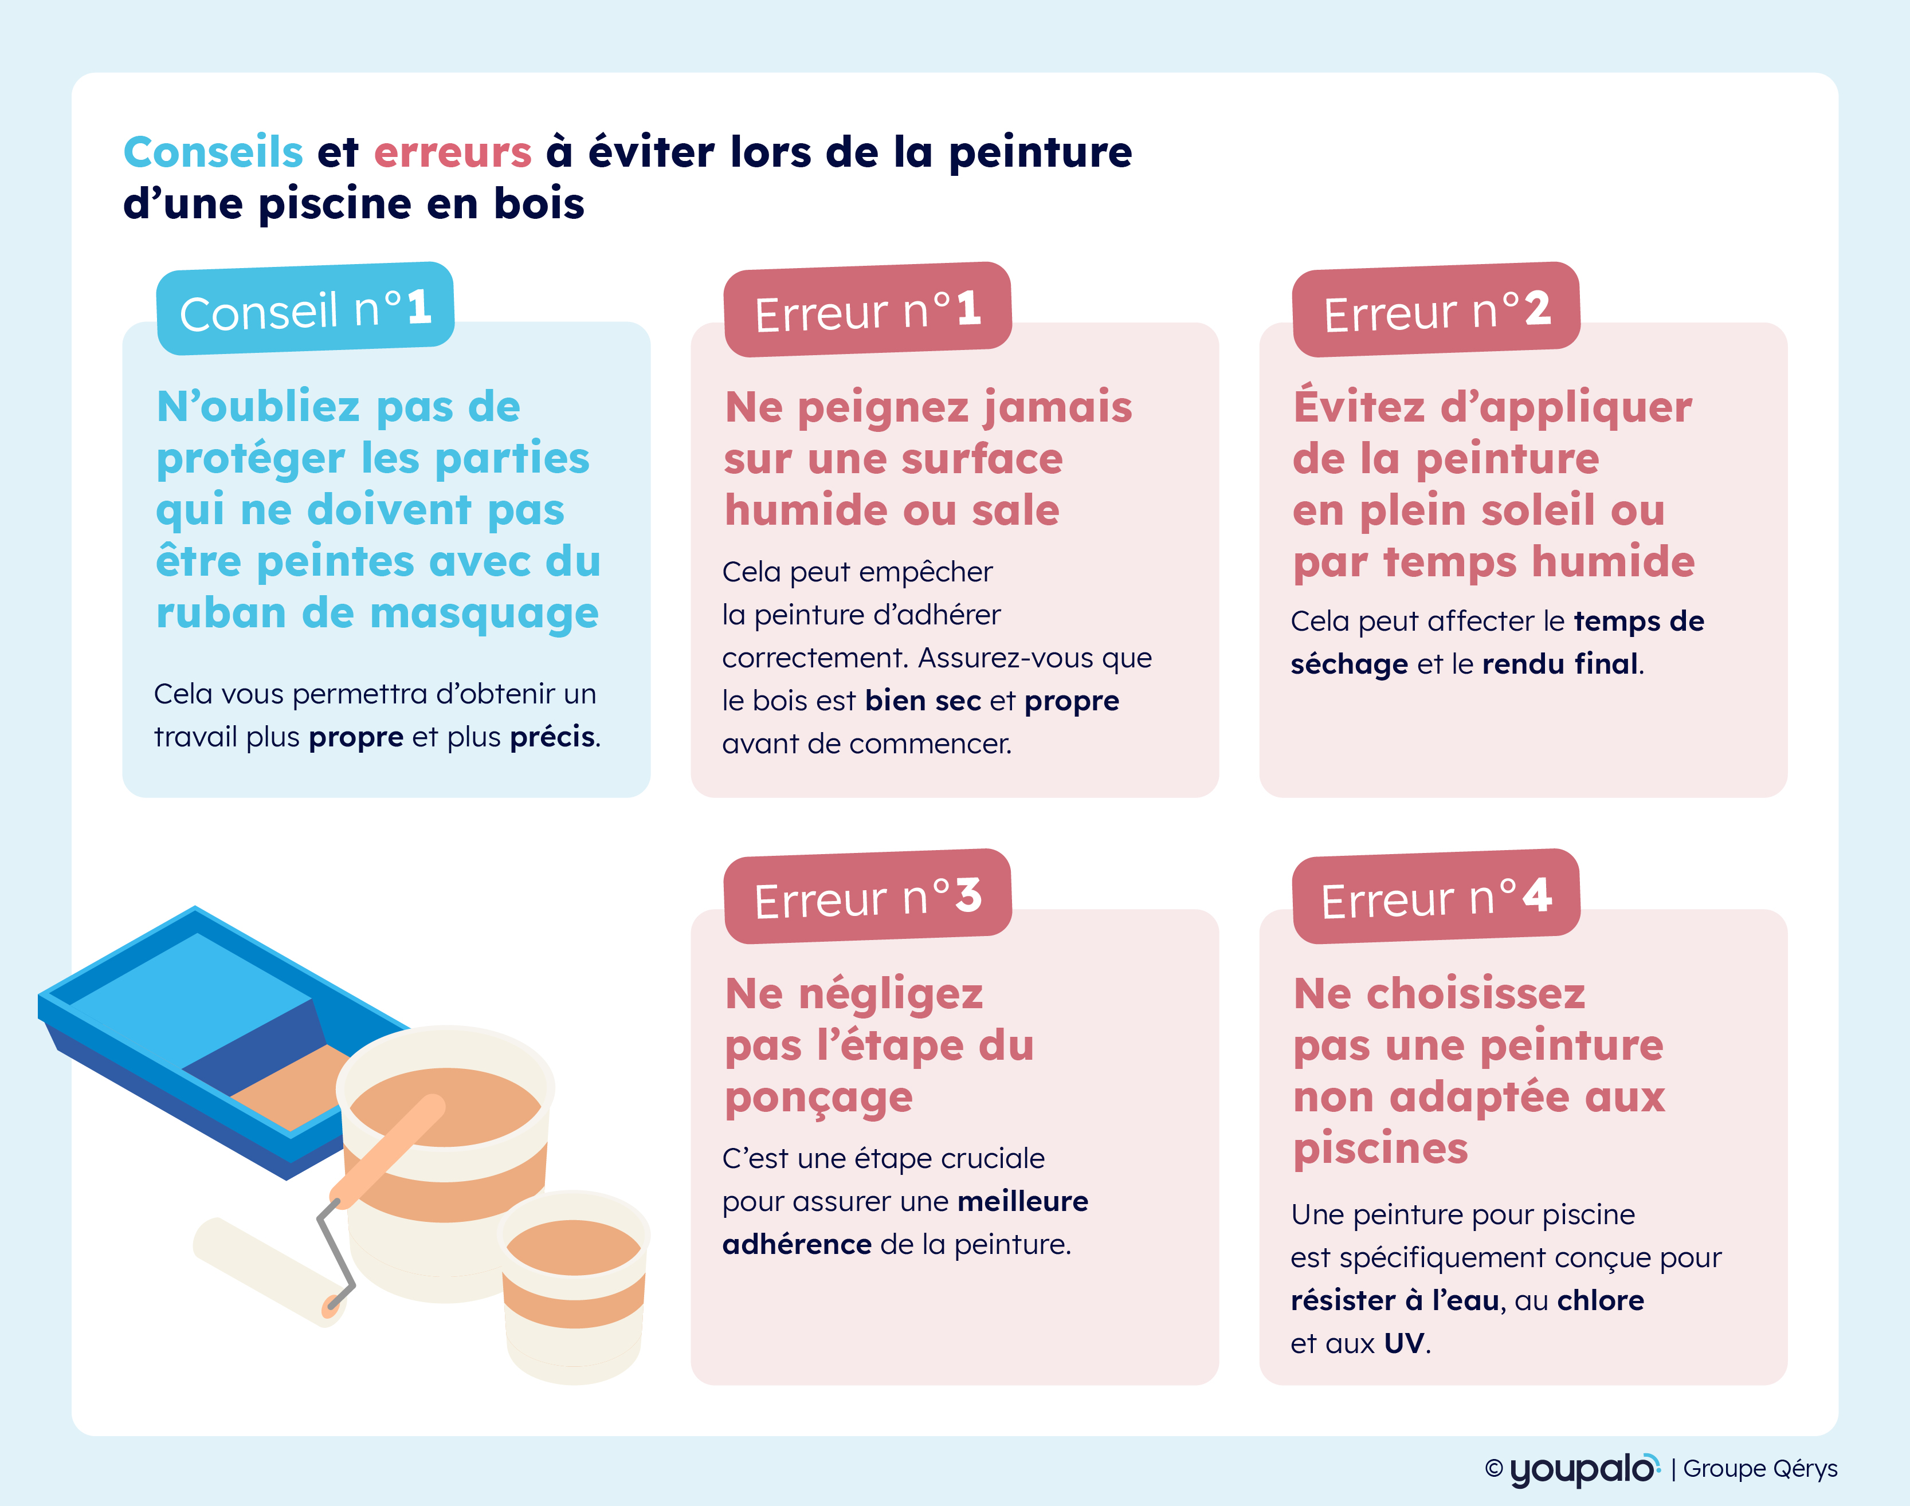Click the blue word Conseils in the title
click(213, 152)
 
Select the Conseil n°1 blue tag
click(305, 309)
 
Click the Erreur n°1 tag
click(868, 309)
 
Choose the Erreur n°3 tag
click(868, 896)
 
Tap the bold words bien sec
click(923, 701)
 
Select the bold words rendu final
click(1560, 664)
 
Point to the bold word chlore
click(1601, 1300)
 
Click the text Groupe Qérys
click(1760, 1469)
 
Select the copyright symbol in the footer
click(1494, 1468)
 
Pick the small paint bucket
click(574, 1287)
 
